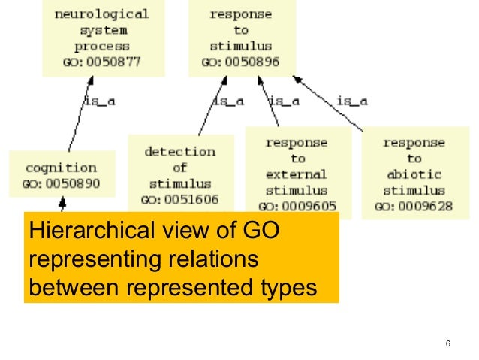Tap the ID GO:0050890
(x=62, y=183)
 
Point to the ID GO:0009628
(x=414, y=205)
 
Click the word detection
(x=179, y=151)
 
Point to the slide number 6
(x=447, y=344)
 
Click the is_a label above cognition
(x=98, y=100)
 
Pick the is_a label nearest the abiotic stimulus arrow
(x=352, y=100)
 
